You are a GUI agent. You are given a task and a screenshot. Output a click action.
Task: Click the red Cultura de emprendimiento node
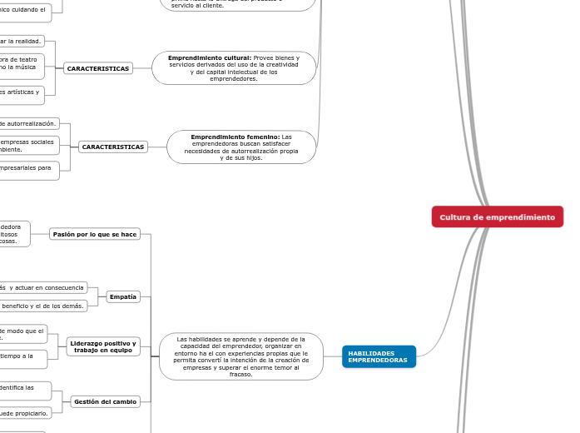(x=497, y=216)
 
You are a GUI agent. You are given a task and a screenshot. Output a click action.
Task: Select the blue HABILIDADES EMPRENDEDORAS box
(x=379, y=356)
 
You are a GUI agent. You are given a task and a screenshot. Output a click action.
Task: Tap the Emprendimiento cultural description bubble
(x=234, y=68)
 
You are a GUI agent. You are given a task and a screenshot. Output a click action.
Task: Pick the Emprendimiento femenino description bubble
(x=241, y=147)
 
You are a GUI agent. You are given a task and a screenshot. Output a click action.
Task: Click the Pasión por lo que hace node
(x=94, y=234)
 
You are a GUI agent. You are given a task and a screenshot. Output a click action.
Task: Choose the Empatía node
(x=123, y=296)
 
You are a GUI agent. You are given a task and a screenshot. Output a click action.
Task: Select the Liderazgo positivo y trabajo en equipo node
(x=103, y=346)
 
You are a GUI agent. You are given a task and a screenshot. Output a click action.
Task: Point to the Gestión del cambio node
(x=105, y=401)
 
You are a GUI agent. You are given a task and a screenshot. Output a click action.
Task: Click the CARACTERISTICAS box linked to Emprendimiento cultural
(x=98, y=68)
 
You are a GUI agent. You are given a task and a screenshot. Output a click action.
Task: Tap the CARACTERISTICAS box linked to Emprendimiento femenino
(x=112, y=147)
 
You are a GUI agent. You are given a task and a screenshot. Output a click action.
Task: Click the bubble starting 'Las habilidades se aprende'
(x=240, y=356)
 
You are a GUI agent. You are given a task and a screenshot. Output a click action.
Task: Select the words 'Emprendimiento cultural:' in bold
(x=210, y=57)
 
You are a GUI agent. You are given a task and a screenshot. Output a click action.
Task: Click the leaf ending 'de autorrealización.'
(x=28, y=123)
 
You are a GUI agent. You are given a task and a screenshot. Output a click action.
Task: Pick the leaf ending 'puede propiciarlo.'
(x=26, y=411)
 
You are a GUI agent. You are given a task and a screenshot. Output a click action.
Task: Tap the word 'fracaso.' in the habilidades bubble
(x=240, y=374)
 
